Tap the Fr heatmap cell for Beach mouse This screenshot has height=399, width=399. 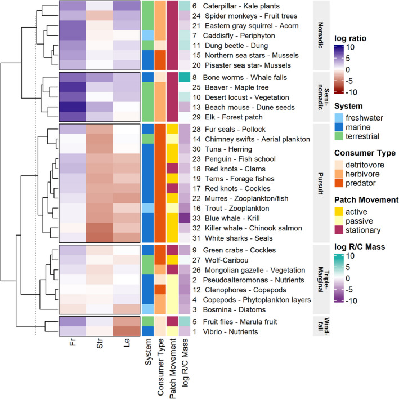(x=72, y=107)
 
